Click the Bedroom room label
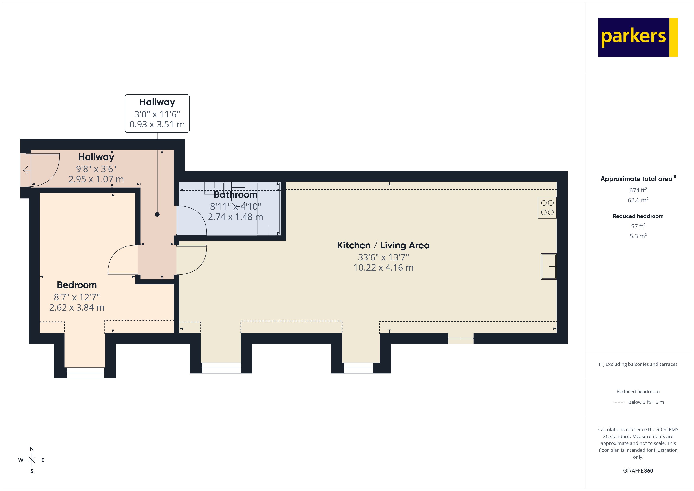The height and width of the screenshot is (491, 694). pyautogui.click(x=77, y=285)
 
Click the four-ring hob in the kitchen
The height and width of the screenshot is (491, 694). pyautogui.click(x=547, y=208)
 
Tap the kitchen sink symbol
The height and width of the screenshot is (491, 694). pyautogui.click(x=548, y=266)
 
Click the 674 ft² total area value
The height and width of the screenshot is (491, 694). pyautogui.click(x=638, y=190)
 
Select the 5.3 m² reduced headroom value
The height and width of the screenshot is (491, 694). pyautogui.click(x=638, y=236)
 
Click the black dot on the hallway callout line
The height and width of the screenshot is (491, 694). pyautogui.click(x=157, y=214)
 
